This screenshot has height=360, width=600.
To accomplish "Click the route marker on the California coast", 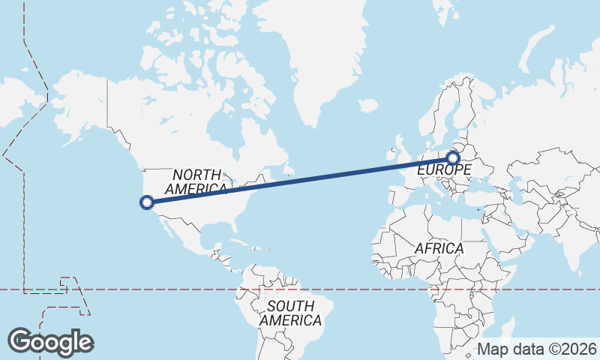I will point(147,201).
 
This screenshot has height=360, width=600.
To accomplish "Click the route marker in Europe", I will point(452,157).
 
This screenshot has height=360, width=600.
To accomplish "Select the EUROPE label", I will point(444,170).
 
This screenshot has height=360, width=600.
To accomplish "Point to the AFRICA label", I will point(439,247).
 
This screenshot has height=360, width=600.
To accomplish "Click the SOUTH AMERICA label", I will point(291,313).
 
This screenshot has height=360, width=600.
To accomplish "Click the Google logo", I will point(50,341).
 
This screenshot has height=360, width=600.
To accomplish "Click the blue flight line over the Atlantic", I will point(315,176).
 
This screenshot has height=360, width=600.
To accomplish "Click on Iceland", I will point(368,106).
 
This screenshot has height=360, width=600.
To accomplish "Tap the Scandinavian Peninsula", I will point(450,112).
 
